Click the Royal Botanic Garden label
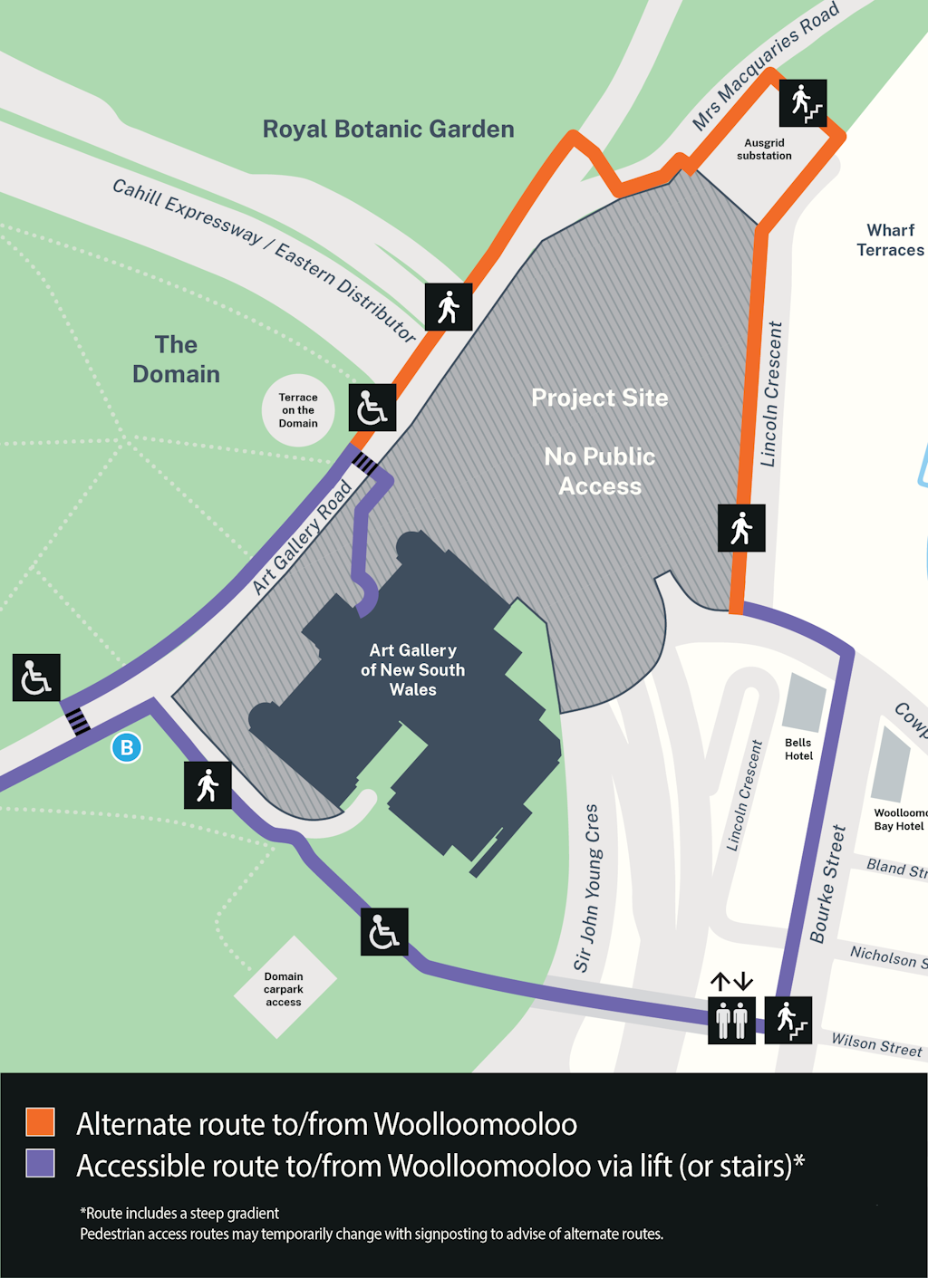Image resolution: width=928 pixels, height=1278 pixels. [388, 130]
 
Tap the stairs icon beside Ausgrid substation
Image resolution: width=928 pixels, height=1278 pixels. [803, 103]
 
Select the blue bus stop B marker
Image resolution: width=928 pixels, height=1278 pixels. [127, 747]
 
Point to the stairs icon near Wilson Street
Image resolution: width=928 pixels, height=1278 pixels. [788, 1020]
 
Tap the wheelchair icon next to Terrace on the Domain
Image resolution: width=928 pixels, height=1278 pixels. [372, 408]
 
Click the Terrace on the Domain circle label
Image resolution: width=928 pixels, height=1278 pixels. [298, 410]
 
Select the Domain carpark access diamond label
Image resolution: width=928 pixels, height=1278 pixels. [285, 989]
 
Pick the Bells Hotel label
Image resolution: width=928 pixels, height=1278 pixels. [798, 749]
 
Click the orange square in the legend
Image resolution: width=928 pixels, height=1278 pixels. [41, 1121]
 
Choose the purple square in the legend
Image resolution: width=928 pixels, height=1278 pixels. [41, 1163]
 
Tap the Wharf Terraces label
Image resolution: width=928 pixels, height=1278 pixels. [890, 240]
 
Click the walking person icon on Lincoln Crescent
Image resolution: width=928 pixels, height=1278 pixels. [741, 528]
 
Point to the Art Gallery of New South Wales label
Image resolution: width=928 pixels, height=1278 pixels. [412, 670]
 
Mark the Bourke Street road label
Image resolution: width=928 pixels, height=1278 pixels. [827, 884]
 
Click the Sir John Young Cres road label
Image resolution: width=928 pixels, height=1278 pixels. [586, 888]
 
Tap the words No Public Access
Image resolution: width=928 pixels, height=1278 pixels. [600, 471]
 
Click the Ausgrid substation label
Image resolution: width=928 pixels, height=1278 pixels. [764, 149]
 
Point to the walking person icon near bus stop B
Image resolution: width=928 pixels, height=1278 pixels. [208, 785]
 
